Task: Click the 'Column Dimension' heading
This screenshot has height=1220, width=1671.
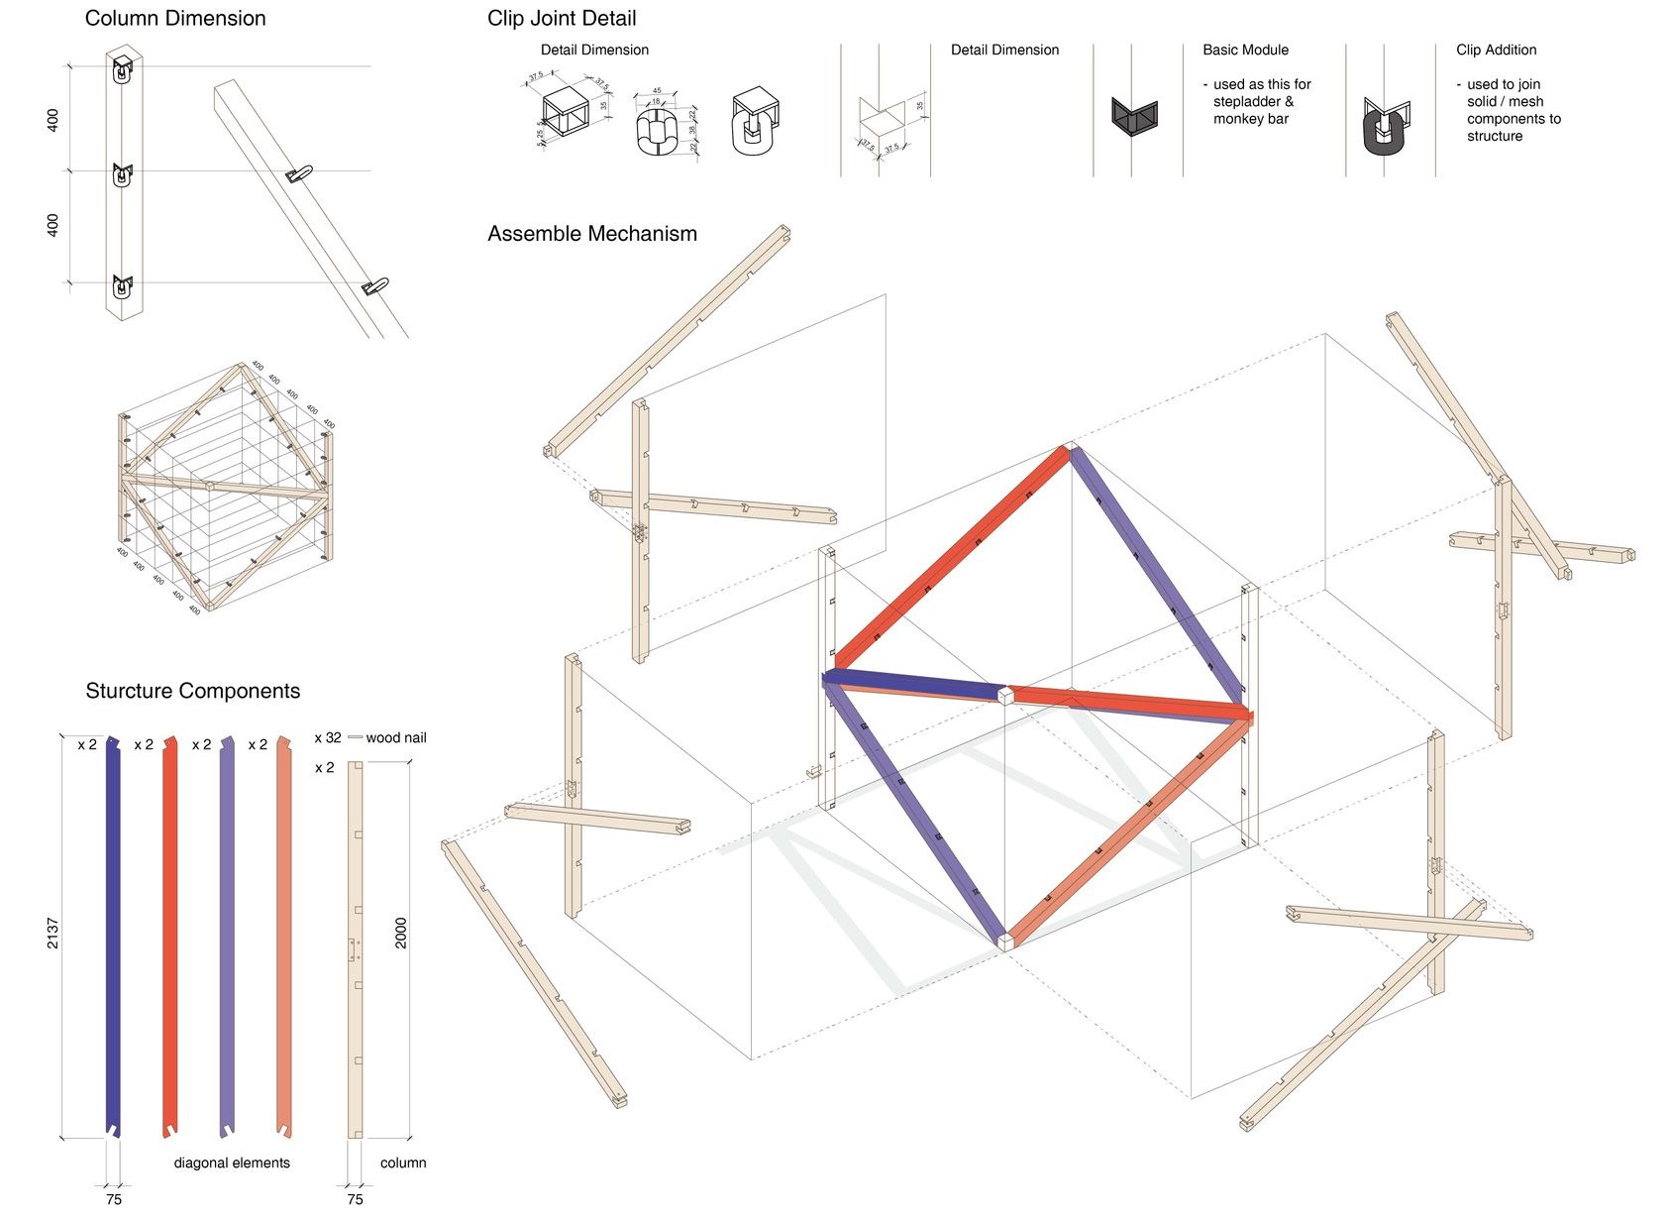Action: [x=175, y=18]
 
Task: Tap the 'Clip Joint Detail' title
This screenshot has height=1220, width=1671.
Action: [x=562, y=18]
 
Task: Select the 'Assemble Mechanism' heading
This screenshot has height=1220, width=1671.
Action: [x=592, y=234]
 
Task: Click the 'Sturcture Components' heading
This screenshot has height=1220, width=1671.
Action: [x=192, y=691]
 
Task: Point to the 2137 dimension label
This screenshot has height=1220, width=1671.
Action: [x=52, y=933]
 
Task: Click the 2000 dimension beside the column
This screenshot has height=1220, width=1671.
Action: [x=401, y=933]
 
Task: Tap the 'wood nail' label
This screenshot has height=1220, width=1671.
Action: [x=396, y=737]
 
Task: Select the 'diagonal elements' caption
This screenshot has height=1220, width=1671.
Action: [x=232, y=1163]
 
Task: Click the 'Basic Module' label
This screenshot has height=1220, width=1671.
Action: [x=1245, y=50]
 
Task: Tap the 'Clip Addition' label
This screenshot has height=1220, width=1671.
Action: [x=1496, y=50]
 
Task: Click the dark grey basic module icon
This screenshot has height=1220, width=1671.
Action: [x=1134, y=117]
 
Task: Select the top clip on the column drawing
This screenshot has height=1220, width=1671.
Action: [x=122, y=70]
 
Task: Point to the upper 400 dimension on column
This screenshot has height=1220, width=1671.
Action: [x=52, y=120]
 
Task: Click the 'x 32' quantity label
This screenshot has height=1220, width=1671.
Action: [x=328, y=737]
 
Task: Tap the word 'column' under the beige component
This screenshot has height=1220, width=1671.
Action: [x=403, y=1163]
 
